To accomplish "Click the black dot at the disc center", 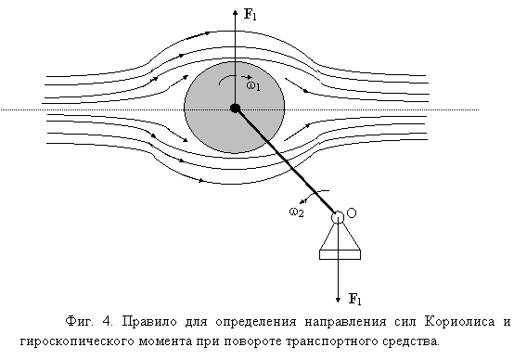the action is click(235, 109).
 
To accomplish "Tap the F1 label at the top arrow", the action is click(251, 15).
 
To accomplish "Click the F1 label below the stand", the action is click(354, 299).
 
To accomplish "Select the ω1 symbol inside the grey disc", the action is click(253, 86).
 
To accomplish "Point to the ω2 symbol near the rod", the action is click(296, 212).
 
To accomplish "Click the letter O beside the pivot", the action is click(352, 213).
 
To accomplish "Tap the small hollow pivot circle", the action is click(338, 217).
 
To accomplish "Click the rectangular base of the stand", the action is click(340, 255).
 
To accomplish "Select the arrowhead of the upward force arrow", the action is click(235, 12).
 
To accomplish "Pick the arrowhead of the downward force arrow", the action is click(338, 300).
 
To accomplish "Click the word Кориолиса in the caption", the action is click(459, 321).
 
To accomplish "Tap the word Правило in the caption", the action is click(149, 321).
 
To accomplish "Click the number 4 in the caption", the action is click(107, 321).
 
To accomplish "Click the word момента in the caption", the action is click(165, 341).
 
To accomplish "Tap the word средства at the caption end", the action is click(410, 341).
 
